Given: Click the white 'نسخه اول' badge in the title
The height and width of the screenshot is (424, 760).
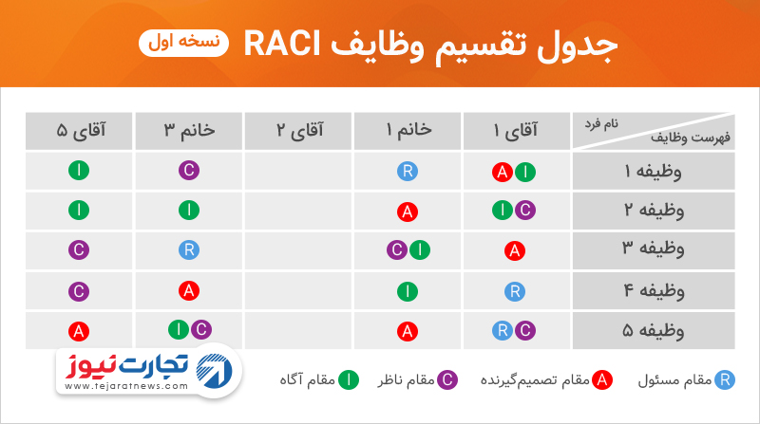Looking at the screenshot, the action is tap(183, 43).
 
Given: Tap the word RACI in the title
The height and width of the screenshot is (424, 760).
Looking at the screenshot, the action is tap(282, 44).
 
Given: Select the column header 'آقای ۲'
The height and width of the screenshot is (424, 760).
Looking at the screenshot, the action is tap(299, 130).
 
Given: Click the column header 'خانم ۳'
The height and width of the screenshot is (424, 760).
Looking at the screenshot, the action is tap(189, 130).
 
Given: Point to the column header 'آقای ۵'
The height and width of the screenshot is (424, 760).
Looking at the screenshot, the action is tap(81, 130).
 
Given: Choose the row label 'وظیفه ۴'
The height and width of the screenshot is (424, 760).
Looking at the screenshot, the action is tap(654, 291).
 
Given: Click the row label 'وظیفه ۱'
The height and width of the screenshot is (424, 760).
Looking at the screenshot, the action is tap(653, 172).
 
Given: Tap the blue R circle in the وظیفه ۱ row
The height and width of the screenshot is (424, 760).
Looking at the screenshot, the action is tap(408, 171).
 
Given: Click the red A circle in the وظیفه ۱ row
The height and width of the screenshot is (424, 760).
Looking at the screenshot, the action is tap(503, 172).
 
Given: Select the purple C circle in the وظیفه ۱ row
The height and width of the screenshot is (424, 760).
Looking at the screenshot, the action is tap(189, 171).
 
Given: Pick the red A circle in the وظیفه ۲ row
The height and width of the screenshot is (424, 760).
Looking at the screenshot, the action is tap(408, 212).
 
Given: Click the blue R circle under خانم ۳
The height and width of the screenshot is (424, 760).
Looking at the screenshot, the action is tap(189, 249).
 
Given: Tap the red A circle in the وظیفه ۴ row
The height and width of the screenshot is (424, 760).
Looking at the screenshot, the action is tap(189, 291).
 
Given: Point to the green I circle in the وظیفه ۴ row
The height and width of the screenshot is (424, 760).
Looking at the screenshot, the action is tap(408, 291).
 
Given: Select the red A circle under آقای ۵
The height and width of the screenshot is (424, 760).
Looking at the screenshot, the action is tap(79, 332).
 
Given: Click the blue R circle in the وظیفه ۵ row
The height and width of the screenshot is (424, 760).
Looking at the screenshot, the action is tap(503, 331).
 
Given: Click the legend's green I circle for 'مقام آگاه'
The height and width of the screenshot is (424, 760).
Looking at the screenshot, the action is tap(349, 380).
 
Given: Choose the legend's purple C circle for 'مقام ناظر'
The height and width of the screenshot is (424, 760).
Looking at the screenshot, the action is tap(447, 380).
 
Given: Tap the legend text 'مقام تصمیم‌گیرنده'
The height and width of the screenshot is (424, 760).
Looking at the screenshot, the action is tap(535, 380).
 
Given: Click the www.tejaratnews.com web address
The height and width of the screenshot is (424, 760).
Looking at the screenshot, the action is tap(126, 386).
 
